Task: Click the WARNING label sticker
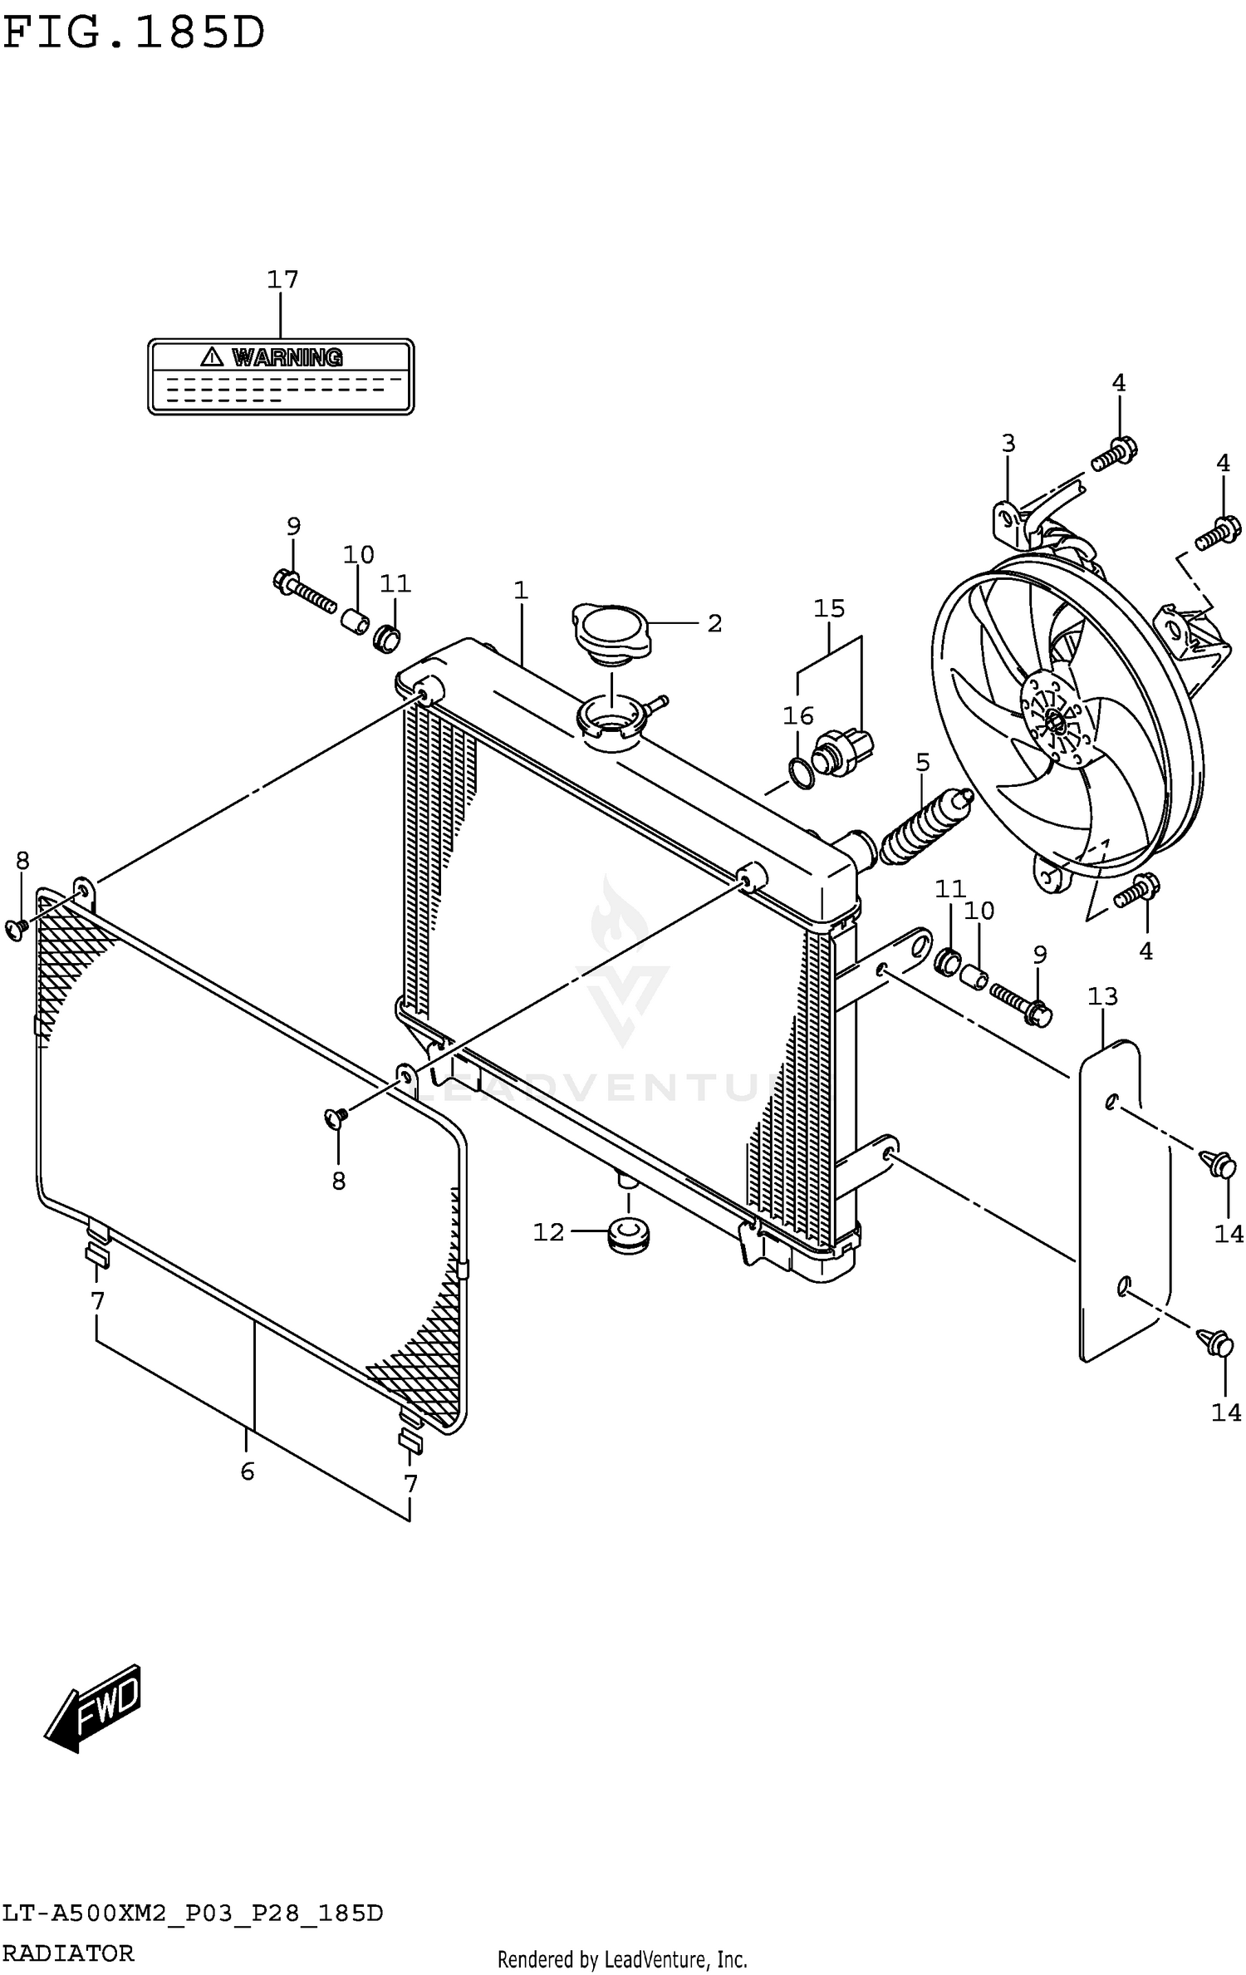click(x=280, y=376)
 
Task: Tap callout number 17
click(x=282, y=279)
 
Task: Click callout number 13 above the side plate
click(x=1102, y=995)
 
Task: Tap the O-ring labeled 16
click(x=802, y=774)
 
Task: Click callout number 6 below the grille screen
click(x=247, y=1471)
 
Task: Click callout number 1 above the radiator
click(x=521, y=591)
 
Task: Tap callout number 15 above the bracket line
click(x=828, y=608)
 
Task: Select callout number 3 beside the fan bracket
click(x=1008, y=443)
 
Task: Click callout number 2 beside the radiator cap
click(x=714, y=623)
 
